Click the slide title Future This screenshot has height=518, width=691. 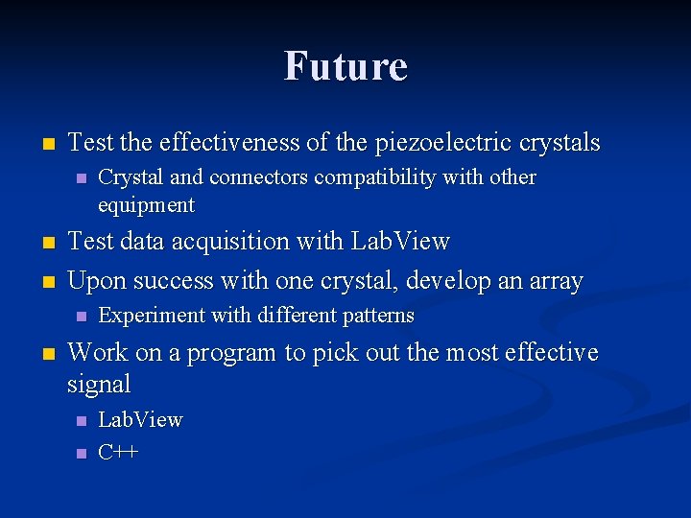pyautogui.click(x=345, y=66)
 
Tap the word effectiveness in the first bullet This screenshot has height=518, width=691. pyautogui.click(x=229, y=144)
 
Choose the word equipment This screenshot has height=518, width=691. pyautogui.click(x=146, y=205)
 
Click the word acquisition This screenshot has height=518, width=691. pyautogui.click(x=240, y=242)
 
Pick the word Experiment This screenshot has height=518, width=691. pyautogui.click(x=146, y=316)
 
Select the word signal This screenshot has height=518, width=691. pyautogui.click(x=99, y=385)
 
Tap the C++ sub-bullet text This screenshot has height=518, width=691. pyautogui.click(x=118, y=453)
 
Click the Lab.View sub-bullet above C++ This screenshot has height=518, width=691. pyautogui.click(x=140, y=420)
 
